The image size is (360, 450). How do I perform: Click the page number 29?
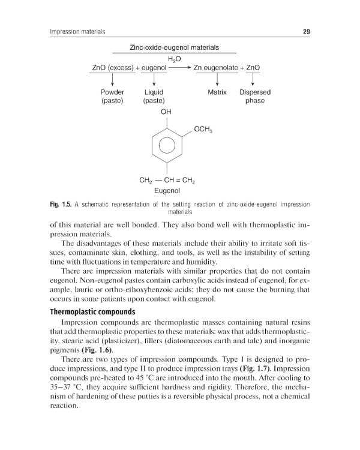click(x=305, y=32)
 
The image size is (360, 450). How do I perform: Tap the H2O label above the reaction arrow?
click(x=174, y=59)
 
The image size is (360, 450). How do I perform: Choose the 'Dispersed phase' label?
click(x=255, y=97)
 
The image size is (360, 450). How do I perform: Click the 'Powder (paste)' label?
click(x=112, y=97)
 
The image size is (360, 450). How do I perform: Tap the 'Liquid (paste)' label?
click(x=154, y=97)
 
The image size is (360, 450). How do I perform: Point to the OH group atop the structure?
click(x=166, y=112)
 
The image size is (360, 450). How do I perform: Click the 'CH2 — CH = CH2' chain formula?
click(x=168, y=180)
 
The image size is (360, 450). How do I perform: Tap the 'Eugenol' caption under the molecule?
click(x=168, y=191)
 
